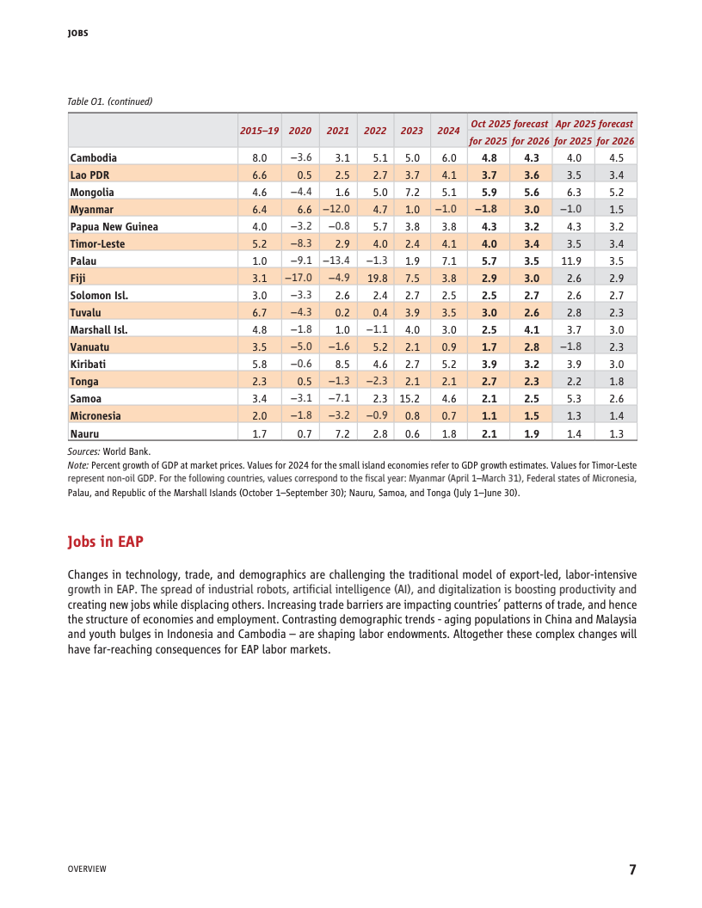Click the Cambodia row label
pyautogui.click(x=93, y=158)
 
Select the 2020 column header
pyautogui.click(x=300, y=131)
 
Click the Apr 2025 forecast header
pyautogui.click(x=594, y=124)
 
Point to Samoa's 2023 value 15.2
pyautogui.click(x=409, y=399)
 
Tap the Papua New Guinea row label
pyautogui.click(x=114, y=227)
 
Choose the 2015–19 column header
pyautogui.click(x=259, y=131)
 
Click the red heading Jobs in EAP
pyautogui.click(x=105, y=542)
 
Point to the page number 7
pyautogui.click(x=632, y=869)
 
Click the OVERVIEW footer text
pyautogui.click(x=87, y=869)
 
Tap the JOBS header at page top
pyautogui.click(x=78, y=34)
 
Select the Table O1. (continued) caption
pyautogui.click(x=109, y=101)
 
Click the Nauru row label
pyautogui.click(x=84, y=433)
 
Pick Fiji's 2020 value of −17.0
pyautogui.click(x=299, y=279)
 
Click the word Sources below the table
pyautogui.click(x=83, y=451)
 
